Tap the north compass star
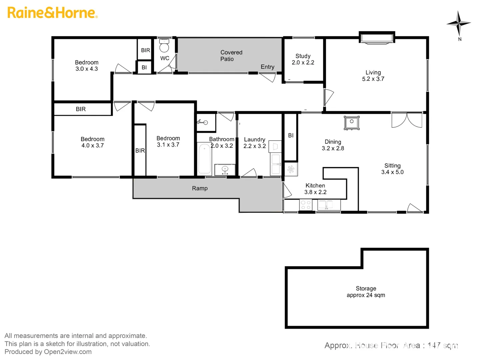(x=459, y=23)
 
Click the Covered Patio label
(x=231, y=56)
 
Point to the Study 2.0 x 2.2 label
(x=303, y=59)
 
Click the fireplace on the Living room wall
(x=377, y=38)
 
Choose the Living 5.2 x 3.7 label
(x=373, y=76)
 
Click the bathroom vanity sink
(x=225, y=169)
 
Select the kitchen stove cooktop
(x=306, y=205)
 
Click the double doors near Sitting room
(x=407, y=120)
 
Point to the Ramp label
(x=200, y=188)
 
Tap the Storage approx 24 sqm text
(x=366, y=292)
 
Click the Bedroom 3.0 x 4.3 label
(x=86, y=66)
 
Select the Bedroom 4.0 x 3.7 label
(x=92, y=142)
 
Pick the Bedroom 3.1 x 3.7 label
(x=168, y=141)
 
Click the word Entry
(x=267, y=67)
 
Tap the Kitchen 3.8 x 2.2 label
(x=315, y=189)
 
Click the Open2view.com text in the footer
(x=68, y=352)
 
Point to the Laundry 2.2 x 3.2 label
(x=255, y=143)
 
